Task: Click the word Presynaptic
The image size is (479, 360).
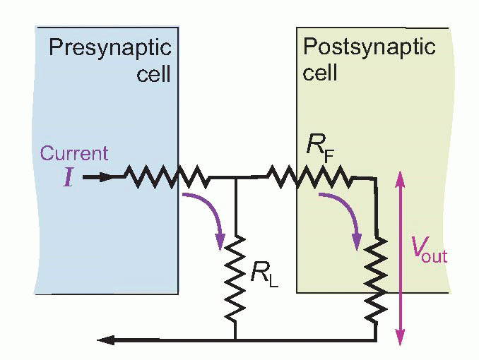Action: tap(110, 48)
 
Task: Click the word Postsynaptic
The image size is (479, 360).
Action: tap(369, 48)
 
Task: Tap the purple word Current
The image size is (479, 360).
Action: tap(74, 153)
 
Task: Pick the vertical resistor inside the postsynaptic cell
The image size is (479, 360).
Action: tap(377, 280)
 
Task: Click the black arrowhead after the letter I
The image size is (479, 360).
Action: tap(104, 176)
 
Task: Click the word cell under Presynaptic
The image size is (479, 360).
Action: tap(153, 73)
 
